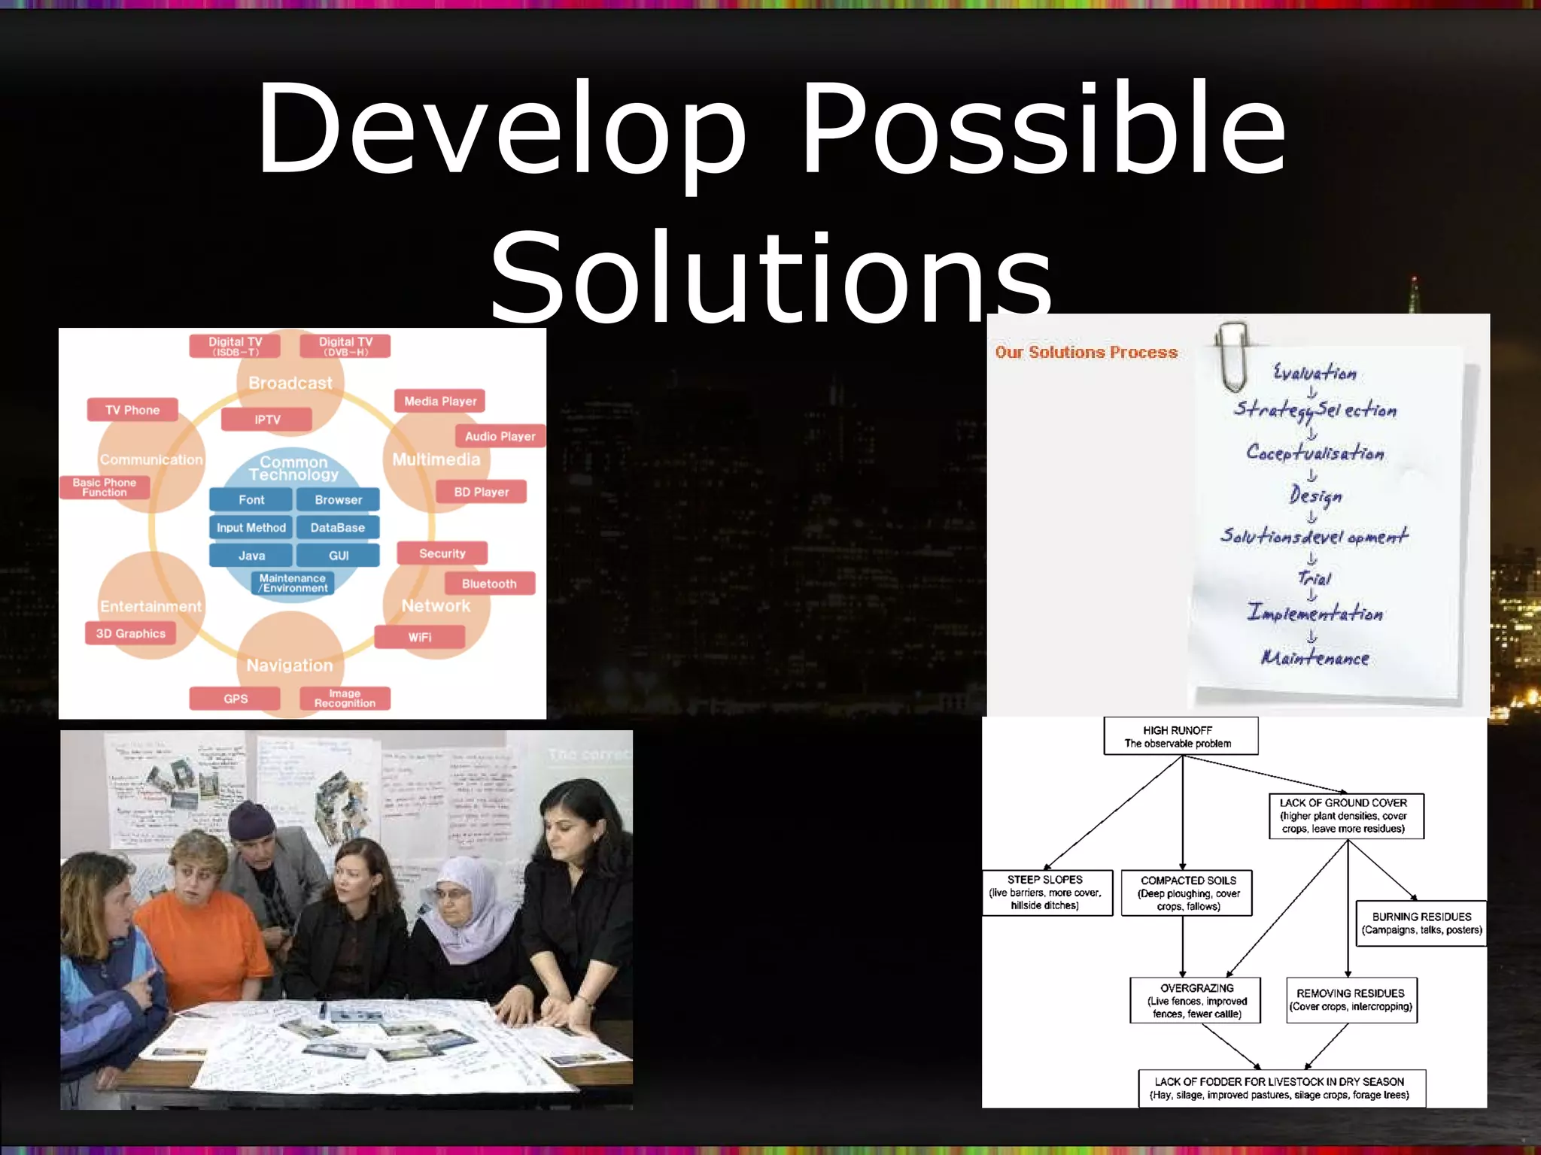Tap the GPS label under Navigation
(235, 699)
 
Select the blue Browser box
(338, 499)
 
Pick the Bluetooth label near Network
(489, 584)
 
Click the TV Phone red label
(132, 410)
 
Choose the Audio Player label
(500, 436)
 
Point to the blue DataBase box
(337, 528)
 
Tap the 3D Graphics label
(130, 633)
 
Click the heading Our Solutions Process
(1086, 352)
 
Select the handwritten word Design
(1315, 495)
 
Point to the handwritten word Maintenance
(1315, 658)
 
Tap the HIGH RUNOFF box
(1180, 736)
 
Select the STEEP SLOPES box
(1046, 893)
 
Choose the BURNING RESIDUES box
(1421, 923)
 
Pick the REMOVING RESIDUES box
(1351, 1000)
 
